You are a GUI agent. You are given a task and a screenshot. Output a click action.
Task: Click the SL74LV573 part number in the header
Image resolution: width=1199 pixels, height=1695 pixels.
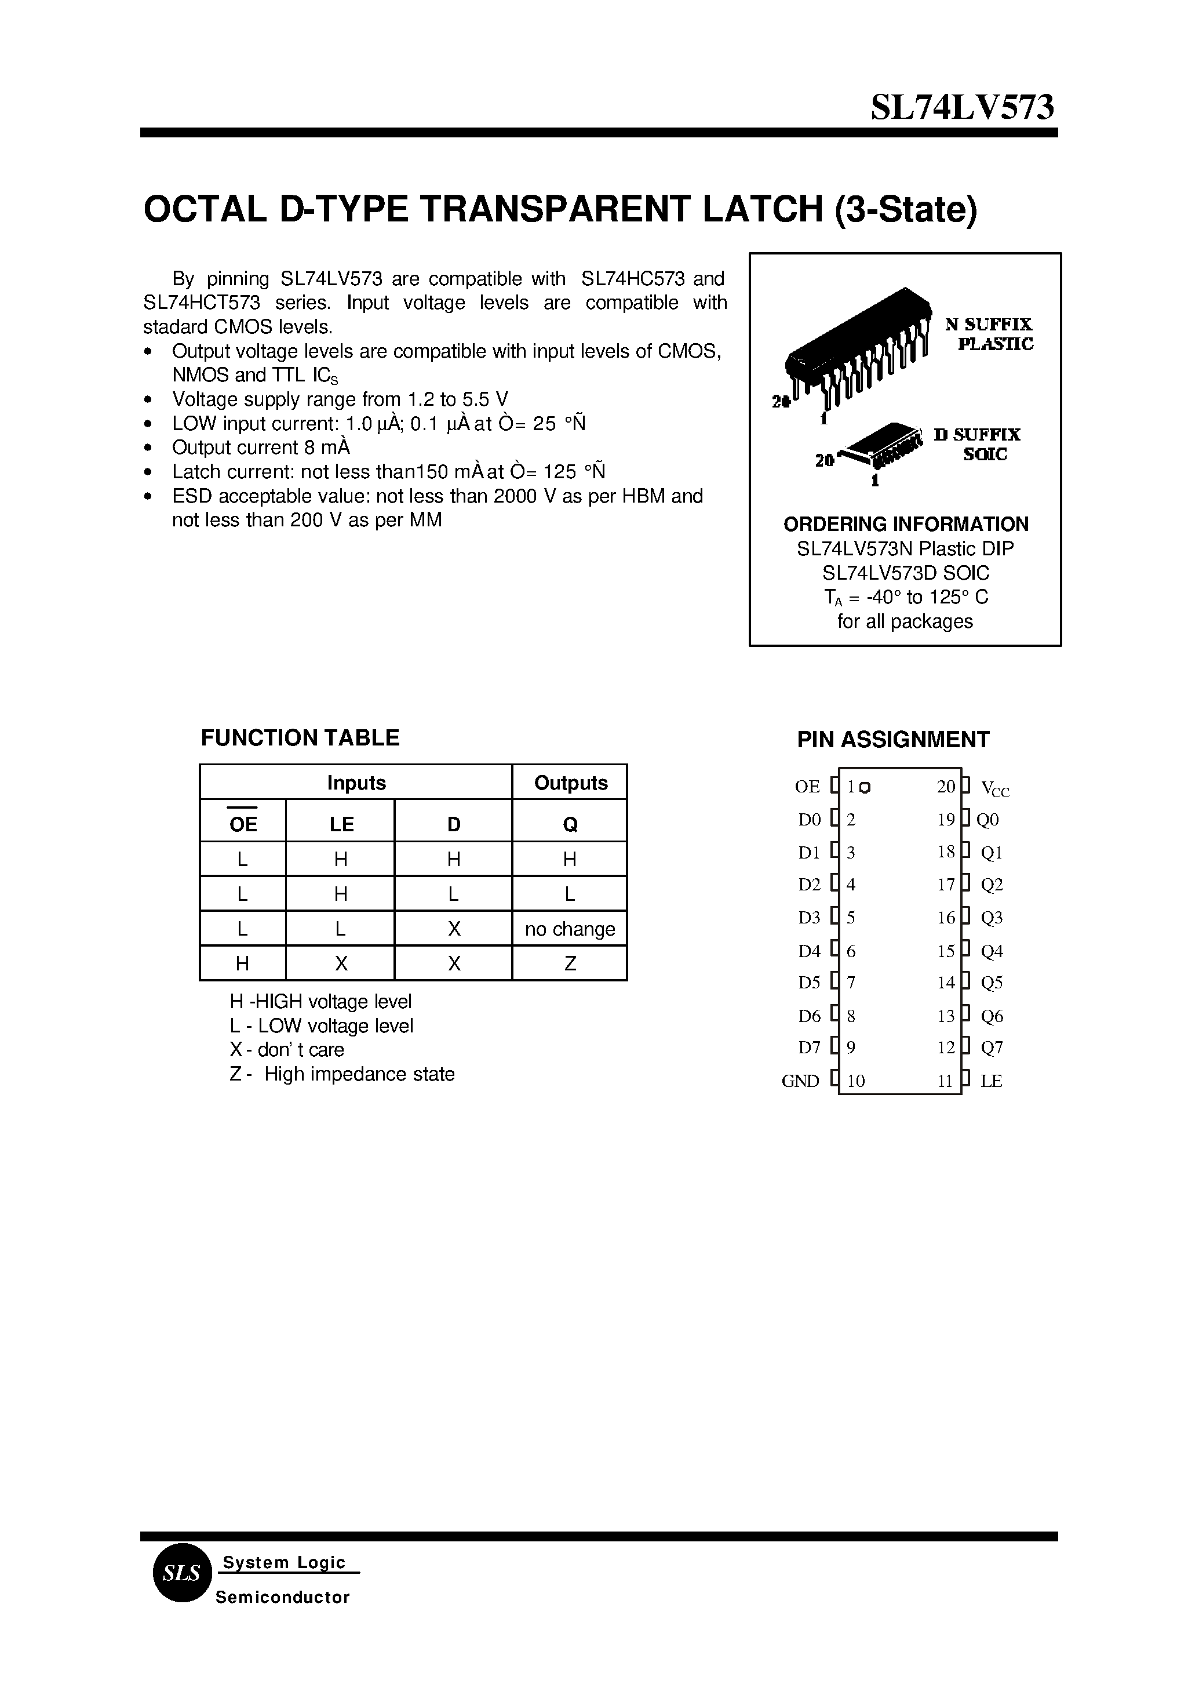click(962, 108)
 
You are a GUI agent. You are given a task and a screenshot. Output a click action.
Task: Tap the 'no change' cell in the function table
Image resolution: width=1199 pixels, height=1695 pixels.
click(569, 929)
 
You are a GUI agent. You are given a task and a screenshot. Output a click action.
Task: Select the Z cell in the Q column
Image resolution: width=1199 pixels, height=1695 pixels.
click(569, 963)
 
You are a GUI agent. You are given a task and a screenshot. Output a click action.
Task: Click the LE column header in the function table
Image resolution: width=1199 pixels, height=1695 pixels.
click(341, 824)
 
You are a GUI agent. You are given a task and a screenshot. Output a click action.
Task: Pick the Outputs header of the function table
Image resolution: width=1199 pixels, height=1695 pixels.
click(570, 783)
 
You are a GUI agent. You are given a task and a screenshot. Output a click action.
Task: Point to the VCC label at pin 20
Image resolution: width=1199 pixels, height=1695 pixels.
click(994, 789)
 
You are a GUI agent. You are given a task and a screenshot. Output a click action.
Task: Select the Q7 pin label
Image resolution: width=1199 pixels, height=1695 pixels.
click(992, 1048)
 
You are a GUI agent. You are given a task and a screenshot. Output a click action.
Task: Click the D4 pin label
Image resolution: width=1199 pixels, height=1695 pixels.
click(809, 951)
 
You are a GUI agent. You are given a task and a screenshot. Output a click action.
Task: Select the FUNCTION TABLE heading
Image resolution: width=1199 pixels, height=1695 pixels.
click(300, 738)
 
